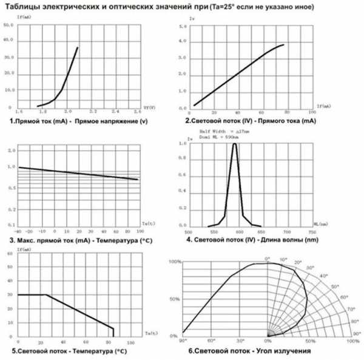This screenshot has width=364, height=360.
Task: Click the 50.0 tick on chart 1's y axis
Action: pos(8,26)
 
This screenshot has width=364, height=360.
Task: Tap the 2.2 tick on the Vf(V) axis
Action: pos(93,112)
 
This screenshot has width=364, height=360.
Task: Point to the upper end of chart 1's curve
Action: pos(78,47)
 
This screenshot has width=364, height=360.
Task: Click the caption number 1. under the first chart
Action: pos(13,122)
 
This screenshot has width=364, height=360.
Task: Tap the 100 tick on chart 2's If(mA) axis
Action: pos(312,113)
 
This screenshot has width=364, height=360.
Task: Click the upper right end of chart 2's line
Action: pos(284,44)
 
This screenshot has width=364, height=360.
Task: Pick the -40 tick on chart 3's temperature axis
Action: pos(18,231)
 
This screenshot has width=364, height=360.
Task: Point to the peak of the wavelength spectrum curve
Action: pos(235,144)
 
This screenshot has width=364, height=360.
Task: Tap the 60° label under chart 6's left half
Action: pos(211,341)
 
